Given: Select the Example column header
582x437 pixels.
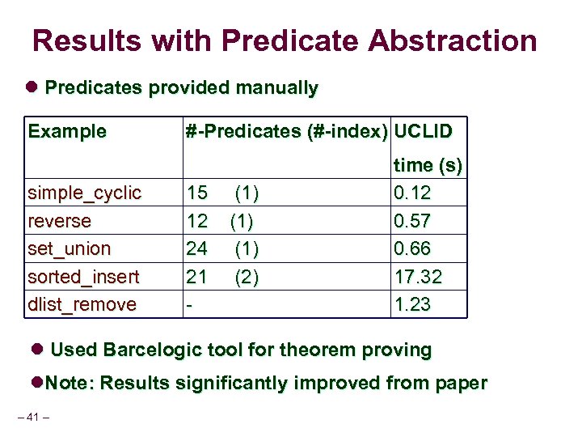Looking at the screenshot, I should coord(67,131).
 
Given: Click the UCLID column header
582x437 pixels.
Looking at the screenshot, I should coord(424,131).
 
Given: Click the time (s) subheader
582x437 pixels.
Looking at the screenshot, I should coord(428,166).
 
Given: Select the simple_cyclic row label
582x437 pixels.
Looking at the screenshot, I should coord(85,193).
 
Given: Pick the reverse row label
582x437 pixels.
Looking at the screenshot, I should coord(60,221).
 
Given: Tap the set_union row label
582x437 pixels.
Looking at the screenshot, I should coord(70,248).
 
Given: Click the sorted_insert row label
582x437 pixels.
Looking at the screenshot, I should coord(83,277).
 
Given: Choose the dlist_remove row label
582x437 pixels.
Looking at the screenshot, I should coord(82,304).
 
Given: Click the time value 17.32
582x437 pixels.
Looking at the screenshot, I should coord(418,277).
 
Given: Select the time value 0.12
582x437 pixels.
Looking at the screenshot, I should coord(412,193).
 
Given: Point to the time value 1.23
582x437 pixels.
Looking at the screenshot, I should coord(412,304).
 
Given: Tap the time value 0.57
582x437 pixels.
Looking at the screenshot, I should coord(412,221).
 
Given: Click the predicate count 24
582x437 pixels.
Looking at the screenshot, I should coord(197,248).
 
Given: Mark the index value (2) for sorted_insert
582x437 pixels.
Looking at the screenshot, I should coord(247,277).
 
